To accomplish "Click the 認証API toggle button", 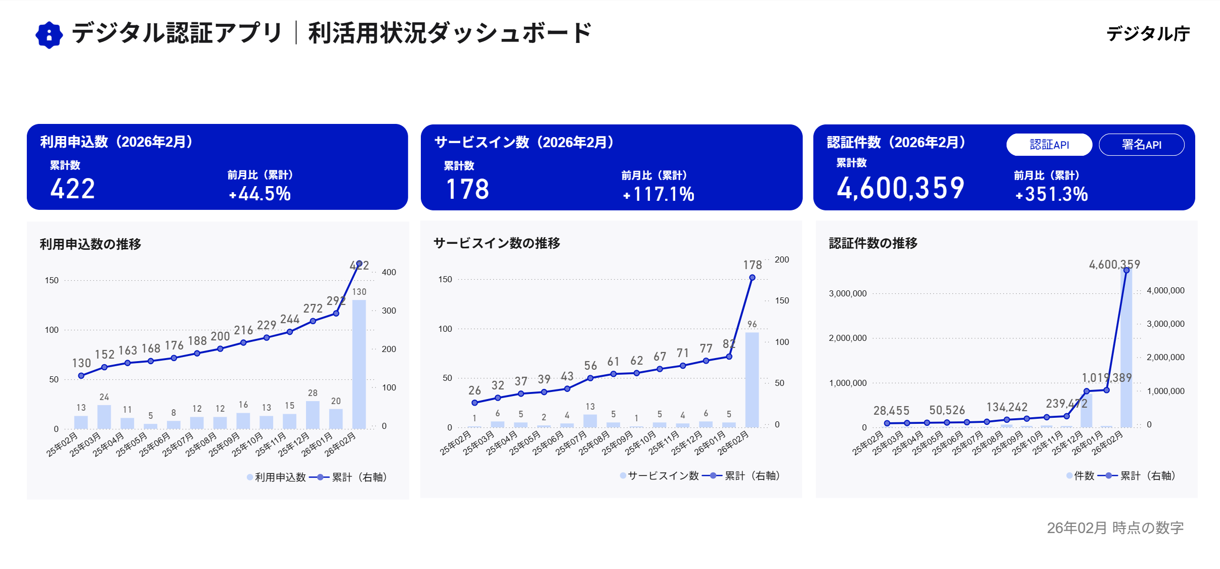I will pos(1049,145).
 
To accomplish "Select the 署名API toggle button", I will pos(1141,145).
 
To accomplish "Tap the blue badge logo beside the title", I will pos(49,35).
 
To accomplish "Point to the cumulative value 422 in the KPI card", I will pos(73,189).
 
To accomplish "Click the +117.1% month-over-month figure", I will pos(659,194).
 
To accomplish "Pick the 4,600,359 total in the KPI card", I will pos(900,188).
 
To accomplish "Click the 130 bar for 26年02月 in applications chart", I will pos(359,364).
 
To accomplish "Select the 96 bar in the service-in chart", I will pos(752,379).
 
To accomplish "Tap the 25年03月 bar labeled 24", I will pos(104,417).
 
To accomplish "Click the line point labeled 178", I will pos(752,278).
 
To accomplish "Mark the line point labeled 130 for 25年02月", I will pos(81,376).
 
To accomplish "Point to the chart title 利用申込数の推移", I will pos(91,244).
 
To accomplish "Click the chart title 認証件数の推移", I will pos(873,243).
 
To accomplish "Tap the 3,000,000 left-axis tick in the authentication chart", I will pos(848,293).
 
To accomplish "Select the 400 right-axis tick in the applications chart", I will pos(389,272).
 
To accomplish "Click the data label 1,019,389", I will pos(1107,378).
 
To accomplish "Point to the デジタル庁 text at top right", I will pos(1148,34).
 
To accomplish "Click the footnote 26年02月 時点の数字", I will pos(1115,528).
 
